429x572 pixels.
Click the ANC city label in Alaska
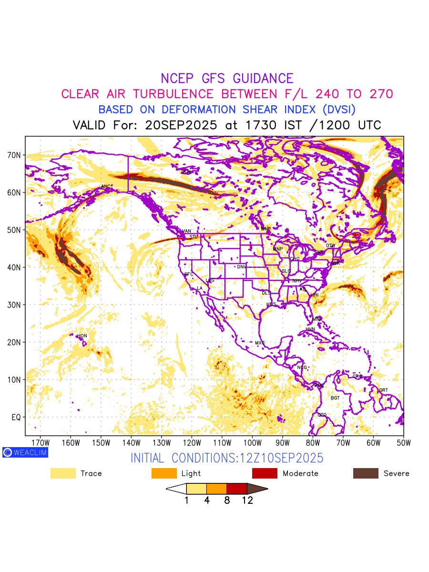click(106, 186)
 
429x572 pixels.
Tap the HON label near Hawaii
click(82, 336)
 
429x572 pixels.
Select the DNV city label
click(242, 267)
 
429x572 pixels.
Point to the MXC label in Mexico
click(260, 343)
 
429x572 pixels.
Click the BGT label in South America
click(335, 398)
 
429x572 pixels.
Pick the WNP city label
click(266, 229)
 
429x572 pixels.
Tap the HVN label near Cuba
click(310, 329)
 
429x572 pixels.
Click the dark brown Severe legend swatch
click(366, 473)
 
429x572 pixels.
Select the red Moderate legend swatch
click(265, 473)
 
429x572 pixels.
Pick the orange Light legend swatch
click(164, 473)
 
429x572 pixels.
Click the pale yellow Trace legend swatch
click(63, 473)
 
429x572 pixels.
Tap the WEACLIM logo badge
click(25, 452)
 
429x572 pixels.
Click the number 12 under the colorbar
click(247, 500)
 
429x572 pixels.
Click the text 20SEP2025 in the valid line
click(182, 125)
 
